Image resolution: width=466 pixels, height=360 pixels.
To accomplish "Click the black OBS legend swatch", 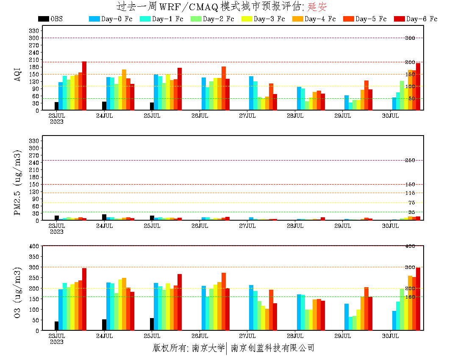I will [x=43, y=19].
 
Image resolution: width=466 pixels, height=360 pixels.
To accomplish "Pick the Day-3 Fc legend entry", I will [x=263, y=19].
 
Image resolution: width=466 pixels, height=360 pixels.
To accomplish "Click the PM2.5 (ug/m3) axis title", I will [x=17, y=183].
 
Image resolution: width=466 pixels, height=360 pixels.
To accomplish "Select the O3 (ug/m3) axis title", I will [x=17, y=293].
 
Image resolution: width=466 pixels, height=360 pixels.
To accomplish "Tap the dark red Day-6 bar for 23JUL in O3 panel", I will [x=84, y=299].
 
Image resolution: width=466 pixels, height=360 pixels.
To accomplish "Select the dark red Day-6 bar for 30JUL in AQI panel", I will [x=418, y=86].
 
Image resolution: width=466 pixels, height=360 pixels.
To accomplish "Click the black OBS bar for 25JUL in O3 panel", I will [x=152, y=324].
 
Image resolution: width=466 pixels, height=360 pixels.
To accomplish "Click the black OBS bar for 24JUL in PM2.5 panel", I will [x=104, y=217].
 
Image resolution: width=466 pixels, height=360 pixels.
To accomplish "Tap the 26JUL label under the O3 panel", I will [x=200, y=336].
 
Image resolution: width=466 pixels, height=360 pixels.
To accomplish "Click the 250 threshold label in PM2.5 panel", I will [x=410, y=161].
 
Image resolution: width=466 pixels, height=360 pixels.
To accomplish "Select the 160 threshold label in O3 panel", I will [x=410, y=297].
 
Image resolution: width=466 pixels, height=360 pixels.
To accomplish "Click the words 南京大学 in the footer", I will [x=208, y=348].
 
